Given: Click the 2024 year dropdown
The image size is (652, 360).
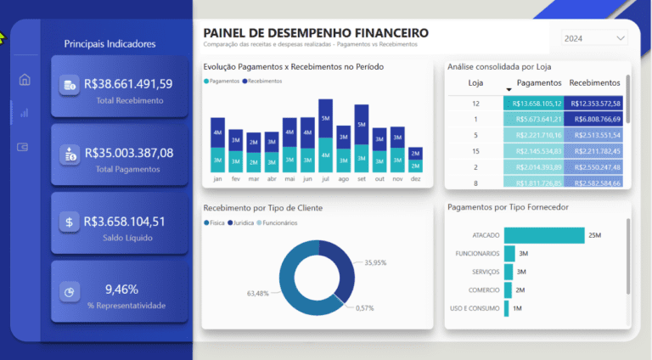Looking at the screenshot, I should click(x=594, y=38).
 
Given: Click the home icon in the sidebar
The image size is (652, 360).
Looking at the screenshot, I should click(x=25, y=80).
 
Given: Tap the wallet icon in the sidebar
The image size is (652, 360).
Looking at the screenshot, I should click(x=25, y=147).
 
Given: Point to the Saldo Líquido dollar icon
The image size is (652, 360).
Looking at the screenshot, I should click(x=69, y=222).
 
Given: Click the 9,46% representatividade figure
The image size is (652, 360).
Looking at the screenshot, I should click(x=121, y=289).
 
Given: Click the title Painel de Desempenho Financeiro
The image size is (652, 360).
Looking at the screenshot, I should click(x=316, y=33).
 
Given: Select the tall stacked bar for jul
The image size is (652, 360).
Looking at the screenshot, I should click(x=325, y=136).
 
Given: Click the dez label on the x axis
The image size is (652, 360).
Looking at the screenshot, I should click(x=414, y=179).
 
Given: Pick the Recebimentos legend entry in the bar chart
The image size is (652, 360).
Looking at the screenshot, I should click(x=264, y=80).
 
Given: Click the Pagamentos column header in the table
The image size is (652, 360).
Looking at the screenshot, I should click(x=539, y=83).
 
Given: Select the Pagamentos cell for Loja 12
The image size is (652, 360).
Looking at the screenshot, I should click(x=533, y=103).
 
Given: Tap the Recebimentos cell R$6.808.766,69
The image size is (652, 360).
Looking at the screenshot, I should click(x=596, y=119).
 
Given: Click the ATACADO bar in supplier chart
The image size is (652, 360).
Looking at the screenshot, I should click(x=544, y=234).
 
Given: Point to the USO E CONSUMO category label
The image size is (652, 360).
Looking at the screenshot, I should click(x=473, y=308).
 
